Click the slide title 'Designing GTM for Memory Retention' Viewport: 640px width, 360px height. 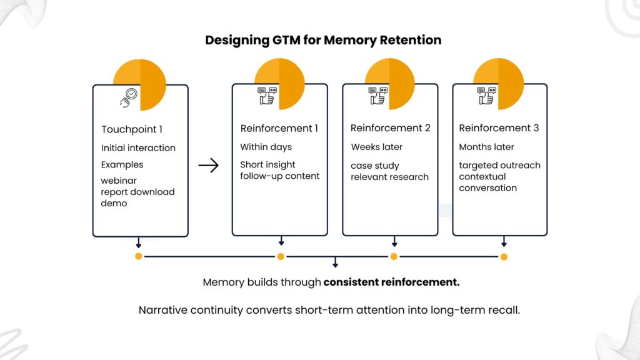(x=323, y=40)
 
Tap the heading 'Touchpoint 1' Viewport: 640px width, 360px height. (x=132, y=129)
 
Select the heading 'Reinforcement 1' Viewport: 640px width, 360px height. (x=279, y=128)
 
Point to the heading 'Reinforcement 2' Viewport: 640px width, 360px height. (x=390, y=128)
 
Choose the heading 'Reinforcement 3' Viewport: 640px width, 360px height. (x=499, y=128)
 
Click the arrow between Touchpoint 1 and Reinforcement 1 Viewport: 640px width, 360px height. (x=208, y=166)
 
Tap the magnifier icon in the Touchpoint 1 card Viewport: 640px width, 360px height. (x=128, y=97)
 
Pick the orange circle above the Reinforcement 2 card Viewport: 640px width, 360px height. (x=390, y=83)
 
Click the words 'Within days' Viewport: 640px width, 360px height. (x=266, y=147)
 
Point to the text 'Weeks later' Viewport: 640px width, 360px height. (x=377, y=147)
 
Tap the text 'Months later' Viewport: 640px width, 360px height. (x=486, y=147)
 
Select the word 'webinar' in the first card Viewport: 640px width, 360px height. (x=119, y=181)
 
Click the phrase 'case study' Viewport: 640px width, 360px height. (x=374, y=166)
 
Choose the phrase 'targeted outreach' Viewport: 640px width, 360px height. (x=499, y=166)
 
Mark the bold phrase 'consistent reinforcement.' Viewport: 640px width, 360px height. (x=391, y=282)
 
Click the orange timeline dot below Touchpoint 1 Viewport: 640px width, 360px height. (x=138, y=256)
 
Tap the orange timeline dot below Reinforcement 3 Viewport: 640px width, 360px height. (x=504, y=256)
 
